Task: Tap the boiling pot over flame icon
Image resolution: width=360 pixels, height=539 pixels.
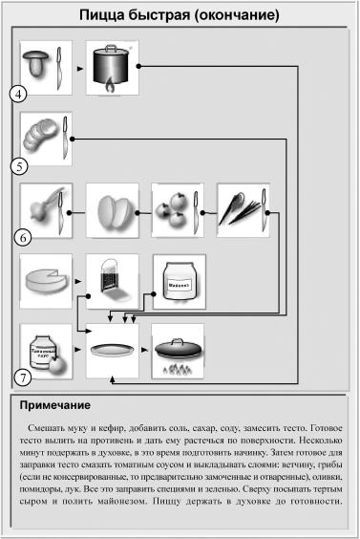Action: [111, 67]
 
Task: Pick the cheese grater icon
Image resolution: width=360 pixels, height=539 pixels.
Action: [111, 281]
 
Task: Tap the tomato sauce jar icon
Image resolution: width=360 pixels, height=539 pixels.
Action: [45, 351]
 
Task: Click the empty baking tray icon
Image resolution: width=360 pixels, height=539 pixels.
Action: [111, 351]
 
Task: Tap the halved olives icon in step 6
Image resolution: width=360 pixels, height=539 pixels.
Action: [111, 209]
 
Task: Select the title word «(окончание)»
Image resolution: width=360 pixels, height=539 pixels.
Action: [233, 16]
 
